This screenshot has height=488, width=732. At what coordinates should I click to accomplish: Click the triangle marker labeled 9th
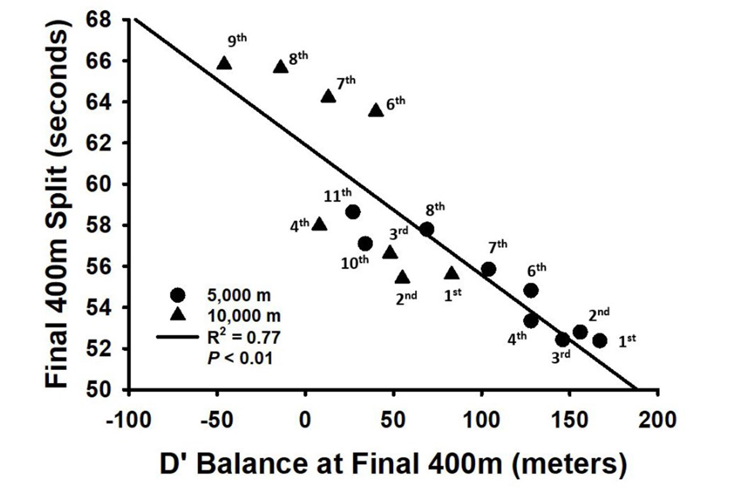224,64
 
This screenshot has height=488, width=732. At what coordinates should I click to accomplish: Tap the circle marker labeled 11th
353,212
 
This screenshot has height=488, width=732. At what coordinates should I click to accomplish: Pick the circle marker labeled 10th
365,243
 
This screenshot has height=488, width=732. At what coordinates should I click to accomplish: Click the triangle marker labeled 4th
319,225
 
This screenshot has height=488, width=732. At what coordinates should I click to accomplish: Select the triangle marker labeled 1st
452,274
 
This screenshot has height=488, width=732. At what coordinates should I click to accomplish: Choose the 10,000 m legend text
244,316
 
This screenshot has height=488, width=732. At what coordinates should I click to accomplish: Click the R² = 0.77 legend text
244,337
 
